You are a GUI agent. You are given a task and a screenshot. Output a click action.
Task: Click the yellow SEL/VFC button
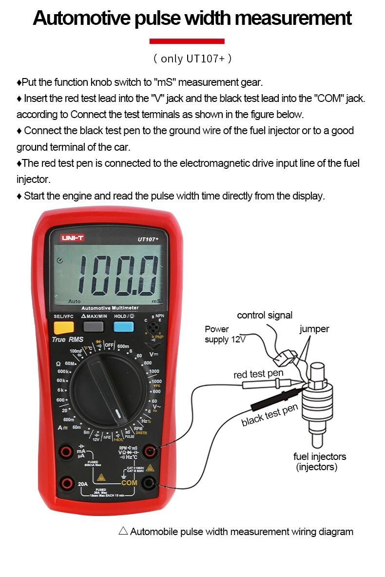63,327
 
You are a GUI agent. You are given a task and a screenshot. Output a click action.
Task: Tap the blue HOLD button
123,327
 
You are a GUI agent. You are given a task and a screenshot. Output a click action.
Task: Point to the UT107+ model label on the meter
152,239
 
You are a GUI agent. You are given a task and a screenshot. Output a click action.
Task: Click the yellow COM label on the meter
129,483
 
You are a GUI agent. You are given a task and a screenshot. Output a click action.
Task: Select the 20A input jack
65,483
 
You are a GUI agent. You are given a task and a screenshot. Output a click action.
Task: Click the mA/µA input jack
65,452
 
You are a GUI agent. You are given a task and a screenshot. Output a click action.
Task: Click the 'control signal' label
265,316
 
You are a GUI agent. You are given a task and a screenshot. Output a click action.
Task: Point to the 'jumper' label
314,329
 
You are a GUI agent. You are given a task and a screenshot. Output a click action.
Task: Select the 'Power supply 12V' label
224,334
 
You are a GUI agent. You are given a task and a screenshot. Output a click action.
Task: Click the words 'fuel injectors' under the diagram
319,457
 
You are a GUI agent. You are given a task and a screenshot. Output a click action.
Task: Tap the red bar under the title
187,41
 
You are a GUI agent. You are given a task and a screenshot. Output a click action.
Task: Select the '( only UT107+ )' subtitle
192,59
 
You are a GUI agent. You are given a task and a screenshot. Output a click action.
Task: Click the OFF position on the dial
109,345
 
